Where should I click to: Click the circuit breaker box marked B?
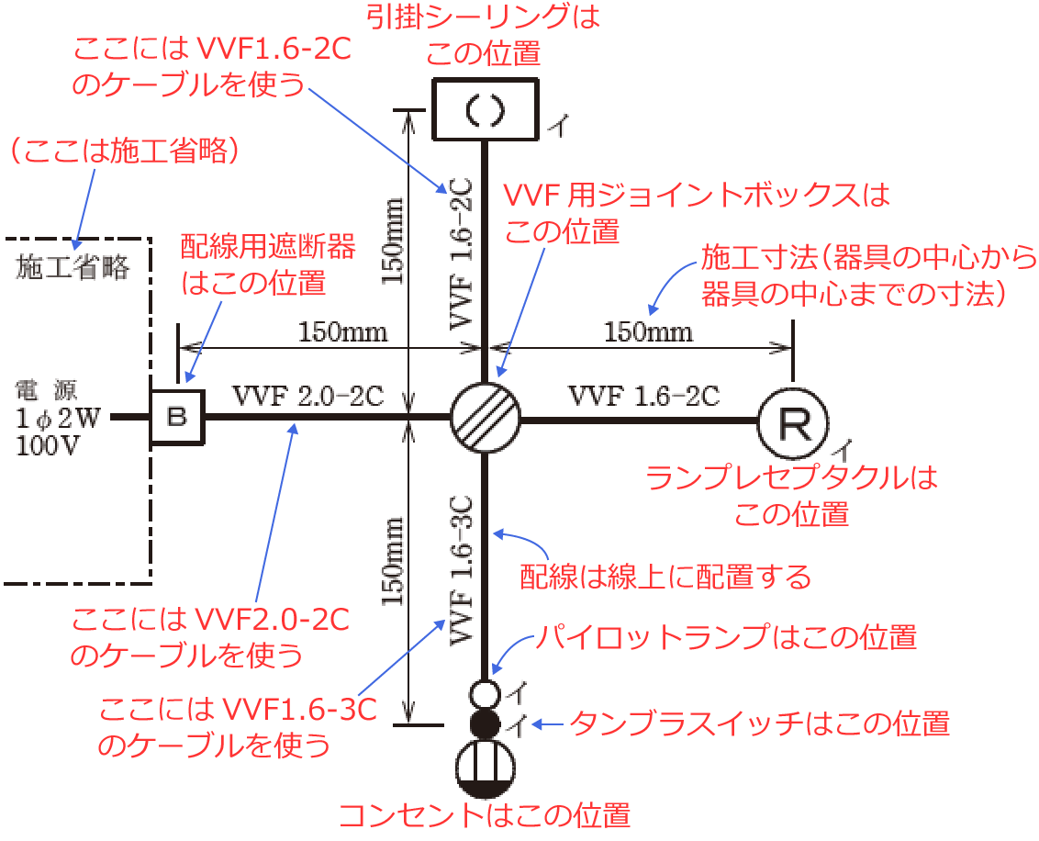(x=178, y=417)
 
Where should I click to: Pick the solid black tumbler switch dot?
(x=485, y=723)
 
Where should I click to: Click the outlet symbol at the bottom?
(x=485, y=768)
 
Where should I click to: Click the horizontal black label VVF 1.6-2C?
(x=643, y=397)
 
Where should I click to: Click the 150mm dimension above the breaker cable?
(x=342, y=331)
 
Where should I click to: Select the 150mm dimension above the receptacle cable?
(x=648, y=331)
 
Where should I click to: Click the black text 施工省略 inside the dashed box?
(x=73, y=268)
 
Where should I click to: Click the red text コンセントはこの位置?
(x=484, y=816)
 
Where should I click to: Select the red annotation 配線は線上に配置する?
(x=665, y=577)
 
